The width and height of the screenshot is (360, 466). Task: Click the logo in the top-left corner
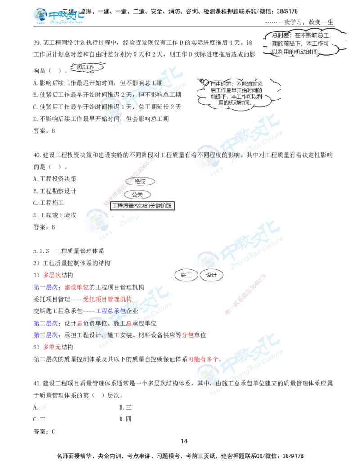click(x=58, y=16)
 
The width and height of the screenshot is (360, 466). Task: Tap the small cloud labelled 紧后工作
click(x=88, y=68)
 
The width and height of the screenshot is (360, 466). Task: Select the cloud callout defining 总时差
click(x=306, y=42)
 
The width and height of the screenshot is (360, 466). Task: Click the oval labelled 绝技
click(x=140, y=181)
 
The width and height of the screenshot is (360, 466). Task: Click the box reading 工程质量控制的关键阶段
click(x=143, y=206)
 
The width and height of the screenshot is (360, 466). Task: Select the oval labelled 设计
click(x=211, y=276)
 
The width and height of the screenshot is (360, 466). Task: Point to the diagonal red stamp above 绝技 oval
click(x=145, y=165)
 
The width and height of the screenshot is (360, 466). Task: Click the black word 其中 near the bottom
click(x=203, y=383)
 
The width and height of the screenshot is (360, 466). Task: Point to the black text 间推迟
click(x=110, y=107)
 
